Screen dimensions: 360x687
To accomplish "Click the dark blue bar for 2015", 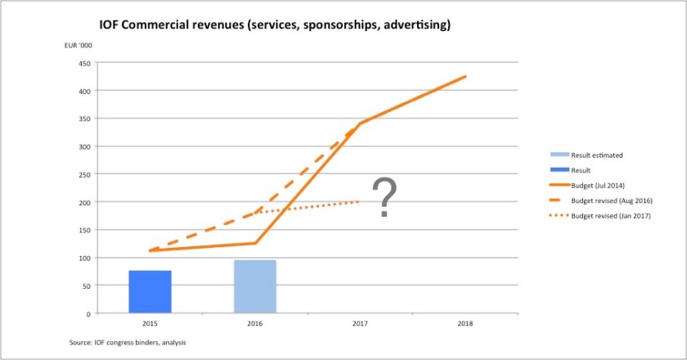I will [150, 291].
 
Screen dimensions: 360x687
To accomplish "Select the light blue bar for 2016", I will [255, 286].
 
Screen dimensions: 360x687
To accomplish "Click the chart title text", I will [275, 25].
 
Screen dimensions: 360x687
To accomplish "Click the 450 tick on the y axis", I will [83, 63].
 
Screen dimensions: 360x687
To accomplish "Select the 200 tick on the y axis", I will [83, 202].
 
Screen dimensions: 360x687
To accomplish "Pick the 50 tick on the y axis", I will [85, 286].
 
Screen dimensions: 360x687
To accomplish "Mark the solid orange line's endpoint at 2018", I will [465, 76].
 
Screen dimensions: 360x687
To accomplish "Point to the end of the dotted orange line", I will [360, 201].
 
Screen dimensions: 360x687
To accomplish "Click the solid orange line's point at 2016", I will [255, 243].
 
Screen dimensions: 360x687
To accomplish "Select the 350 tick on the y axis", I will [83, 119].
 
